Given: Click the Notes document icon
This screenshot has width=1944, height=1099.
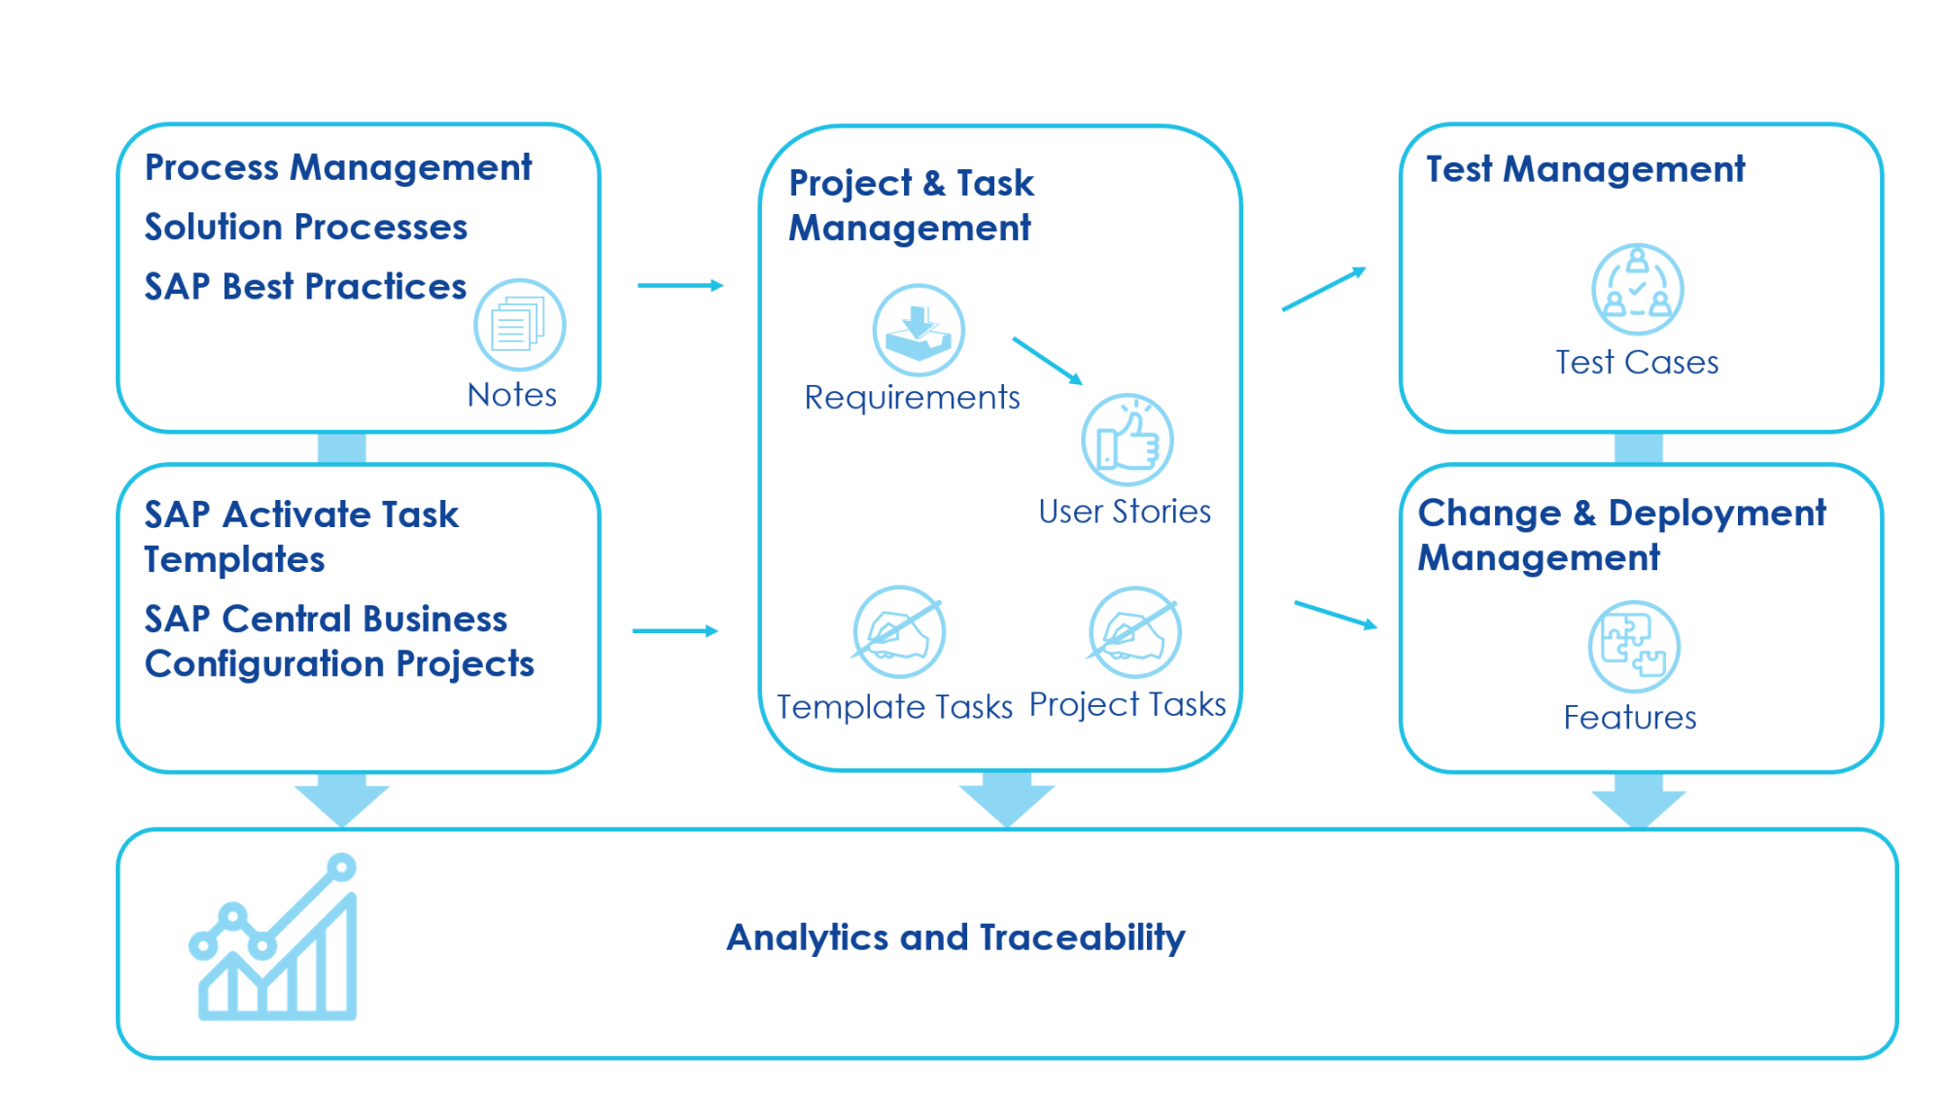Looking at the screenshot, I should pyautogui.click(x=519, y=325).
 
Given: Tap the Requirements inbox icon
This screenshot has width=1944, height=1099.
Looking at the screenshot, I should pyautogui.click(x=918, y=331).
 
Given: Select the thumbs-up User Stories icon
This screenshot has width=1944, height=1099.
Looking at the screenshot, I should pyautogui.click(x=1127, y=440).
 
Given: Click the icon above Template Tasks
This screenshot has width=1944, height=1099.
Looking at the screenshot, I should pyautogui.click(x=899, y=632).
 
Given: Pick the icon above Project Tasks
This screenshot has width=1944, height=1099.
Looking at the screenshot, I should pyautogui.click(x=1134, y=632).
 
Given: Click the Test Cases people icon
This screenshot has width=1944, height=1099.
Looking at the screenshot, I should pyautogui.click(x=1637, y=290).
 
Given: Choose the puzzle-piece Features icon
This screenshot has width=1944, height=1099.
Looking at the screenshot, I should pyautogui.click(x=1633, y=647).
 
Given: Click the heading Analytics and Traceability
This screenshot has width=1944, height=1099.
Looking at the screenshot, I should pyautogui.click(x=955, y=938).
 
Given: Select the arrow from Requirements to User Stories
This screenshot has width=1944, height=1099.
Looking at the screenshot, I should pyautogui.click(x=1047, y=360).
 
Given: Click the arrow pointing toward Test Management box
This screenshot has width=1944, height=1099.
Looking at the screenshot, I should pyautogui.click(x=1324, y=289).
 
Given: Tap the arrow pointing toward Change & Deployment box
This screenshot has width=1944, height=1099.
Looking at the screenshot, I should pyautogui.click(x=1336, y=615).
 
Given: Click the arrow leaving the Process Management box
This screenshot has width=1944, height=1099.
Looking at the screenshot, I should pyautogui.click(x=680, y=285).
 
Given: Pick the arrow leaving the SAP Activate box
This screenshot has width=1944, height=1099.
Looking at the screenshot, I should pyautogui.click(x=676, y=631).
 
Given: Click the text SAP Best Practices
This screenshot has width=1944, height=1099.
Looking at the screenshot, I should pyautogui.click(x=305, y=287).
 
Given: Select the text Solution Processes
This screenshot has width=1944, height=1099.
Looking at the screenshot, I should pyautogui.click(x=305, y=228).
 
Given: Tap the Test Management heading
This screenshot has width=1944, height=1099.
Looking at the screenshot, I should pyautogui.click(x=1584, y=169).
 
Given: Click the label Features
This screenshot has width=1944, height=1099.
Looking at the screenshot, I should pyautogui.click(x=1629, y=718).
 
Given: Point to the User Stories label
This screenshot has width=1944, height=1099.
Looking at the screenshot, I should pyautogui.click(x=1125, y=512).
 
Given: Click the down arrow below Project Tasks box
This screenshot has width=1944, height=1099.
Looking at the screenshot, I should pyautogui.click(x=1006, y=798).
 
